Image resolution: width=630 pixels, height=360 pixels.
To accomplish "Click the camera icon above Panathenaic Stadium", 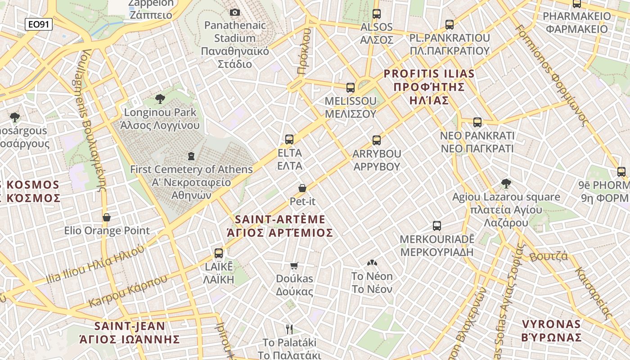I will tap(235, 13).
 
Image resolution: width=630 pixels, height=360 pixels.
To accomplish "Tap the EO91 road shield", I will tap(39, 24).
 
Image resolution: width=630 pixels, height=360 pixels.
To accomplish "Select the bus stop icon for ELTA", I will tap(289, 139).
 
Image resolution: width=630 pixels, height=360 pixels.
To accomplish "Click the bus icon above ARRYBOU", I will tap(377, 140).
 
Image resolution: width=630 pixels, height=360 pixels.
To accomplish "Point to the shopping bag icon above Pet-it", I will tap(302, 188).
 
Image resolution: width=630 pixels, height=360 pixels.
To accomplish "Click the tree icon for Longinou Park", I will tap(160, 99).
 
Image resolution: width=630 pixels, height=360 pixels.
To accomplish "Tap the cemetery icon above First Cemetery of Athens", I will tap(191, 157).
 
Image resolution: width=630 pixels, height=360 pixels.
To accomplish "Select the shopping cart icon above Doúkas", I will tap(294, 266).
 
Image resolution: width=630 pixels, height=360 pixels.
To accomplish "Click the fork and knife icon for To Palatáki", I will tap(289, 329).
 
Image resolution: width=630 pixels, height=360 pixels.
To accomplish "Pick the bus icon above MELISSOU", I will tap(351, 88).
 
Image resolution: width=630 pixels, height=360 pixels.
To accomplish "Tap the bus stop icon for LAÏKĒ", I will tap(219, 253).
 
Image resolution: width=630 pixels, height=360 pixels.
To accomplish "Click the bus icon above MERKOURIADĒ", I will tap(436, 226).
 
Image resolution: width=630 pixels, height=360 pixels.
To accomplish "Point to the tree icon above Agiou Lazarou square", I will tap(506, 184).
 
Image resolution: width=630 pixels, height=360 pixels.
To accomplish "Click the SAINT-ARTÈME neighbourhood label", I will tap(280, 220).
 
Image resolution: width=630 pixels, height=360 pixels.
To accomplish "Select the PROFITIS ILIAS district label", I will tap(429, 73).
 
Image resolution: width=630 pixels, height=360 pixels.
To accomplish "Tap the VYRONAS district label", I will tap(551, 324).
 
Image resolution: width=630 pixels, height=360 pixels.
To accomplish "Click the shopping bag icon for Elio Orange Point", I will tap(107, 218).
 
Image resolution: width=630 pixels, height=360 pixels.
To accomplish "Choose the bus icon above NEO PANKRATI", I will tap(477, 122).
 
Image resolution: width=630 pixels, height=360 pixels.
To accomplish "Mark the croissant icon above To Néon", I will tap(372, 263).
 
